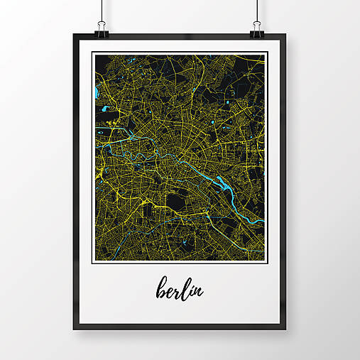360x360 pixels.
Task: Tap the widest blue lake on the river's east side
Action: [x=228, y=186]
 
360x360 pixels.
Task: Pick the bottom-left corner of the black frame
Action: [x=74, y=329]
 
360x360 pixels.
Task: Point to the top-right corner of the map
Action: [x=266, y=53]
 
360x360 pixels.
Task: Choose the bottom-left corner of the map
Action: [x=92, y=261]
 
